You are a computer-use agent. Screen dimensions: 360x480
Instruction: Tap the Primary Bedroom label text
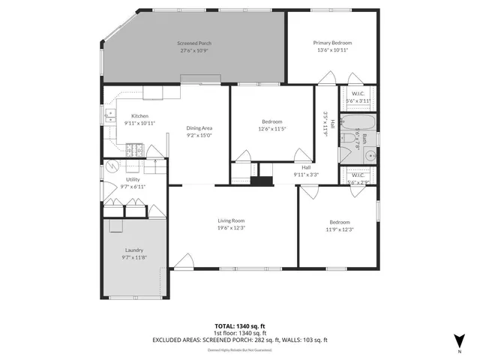click(332, 43)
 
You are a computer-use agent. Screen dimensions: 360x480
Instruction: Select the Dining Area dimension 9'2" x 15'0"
click(199, 135)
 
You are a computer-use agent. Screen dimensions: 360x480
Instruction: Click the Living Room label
click(232, 220)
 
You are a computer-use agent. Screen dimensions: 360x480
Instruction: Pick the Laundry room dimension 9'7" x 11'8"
click(134, 257)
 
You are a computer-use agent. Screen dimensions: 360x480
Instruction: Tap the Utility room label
click(133, 179)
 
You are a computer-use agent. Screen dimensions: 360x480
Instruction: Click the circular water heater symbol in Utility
click(113, 166)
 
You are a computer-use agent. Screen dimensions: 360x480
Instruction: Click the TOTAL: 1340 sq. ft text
click(239, 325)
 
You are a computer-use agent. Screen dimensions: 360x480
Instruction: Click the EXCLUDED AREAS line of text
click(239, 339)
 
